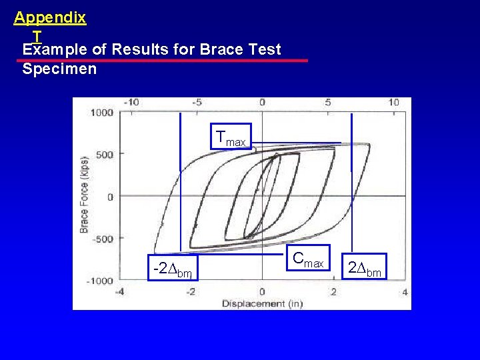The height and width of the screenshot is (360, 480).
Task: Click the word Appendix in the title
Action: coord(50,18)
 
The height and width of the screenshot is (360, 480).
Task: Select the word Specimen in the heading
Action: coord(59,69)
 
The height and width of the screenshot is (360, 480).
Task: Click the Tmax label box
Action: coord(231,137)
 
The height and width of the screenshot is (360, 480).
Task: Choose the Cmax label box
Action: coord(308,259)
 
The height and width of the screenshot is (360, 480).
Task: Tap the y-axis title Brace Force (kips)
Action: coord(84,195)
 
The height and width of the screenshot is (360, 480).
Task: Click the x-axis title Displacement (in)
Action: coord(261,303)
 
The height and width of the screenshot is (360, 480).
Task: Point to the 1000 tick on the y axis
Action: coord(102,112)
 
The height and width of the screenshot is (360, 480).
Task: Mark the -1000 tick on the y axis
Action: coord(100,281)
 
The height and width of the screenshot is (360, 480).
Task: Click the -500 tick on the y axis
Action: coord(102,239)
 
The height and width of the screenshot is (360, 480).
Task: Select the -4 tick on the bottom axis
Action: coord(119,292)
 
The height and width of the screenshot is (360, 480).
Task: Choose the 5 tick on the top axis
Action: coord(328,102)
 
